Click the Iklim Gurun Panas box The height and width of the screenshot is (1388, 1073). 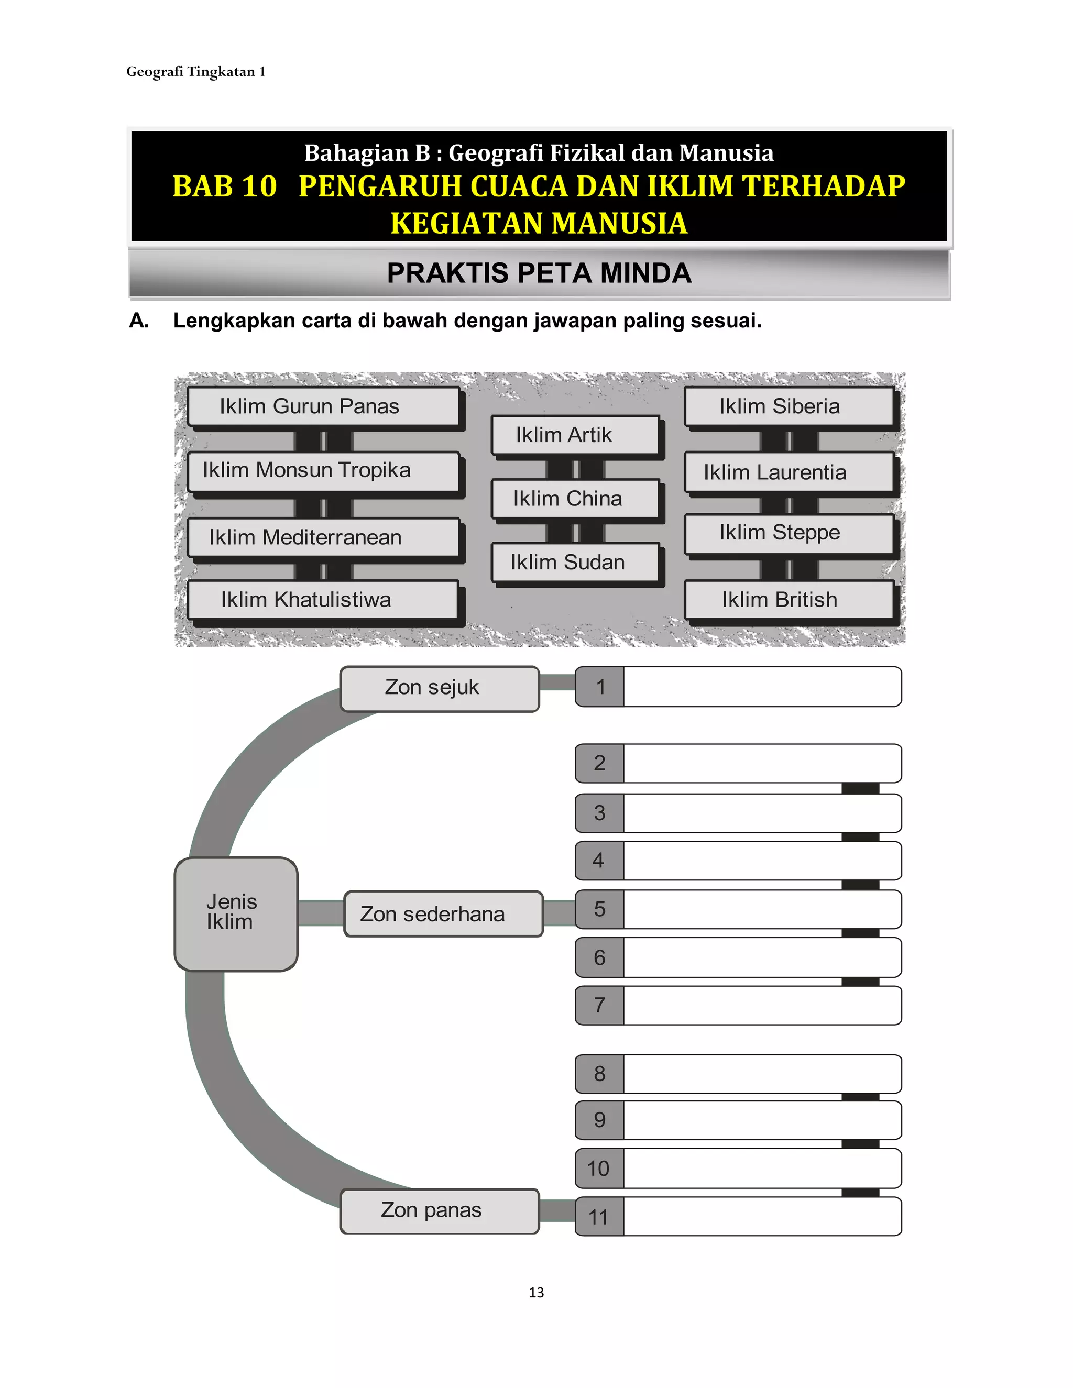pos(323,407)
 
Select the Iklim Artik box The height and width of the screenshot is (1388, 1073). pos(575,435)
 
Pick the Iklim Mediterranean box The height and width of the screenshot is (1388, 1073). pos(323,538)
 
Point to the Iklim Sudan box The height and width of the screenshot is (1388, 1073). pos(575,563)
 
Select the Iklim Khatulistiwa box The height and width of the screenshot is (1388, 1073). pos(323,600)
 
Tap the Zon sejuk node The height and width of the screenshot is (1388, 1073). pos(439,688)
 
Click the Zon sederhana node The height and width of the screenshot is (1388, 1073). pos(443,914)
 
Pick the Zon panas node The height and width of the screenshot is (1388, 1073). pos(439,1210)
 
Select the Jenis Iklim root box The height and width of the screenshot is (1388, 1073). pos(236,913)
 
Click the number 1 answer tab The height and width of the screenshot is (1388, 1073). pos(599,687)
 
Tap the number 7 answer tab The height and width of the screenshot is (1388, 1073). pos(599,1006)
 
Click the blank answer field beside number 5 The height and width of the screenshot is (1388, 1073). pos(761,909)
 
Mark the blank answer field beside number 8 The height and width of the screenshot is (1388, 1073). pos(761,1074)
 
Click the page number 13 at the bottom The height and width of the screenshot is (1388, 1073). pos(536,1293)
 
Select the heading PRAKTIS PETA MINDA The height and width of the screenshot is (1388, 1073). pos(539,273)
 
